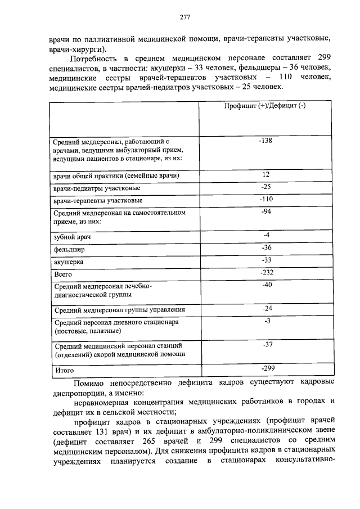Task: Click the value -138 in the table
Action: pyautogui.click(x=266, y=141)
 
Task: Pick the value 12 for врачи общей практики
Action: pyautogui.click(x=266, y=175)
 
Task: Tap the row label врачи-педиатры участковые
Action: pyautogui.click(x=97, y=188)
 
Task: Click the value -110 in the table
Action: pyautogui.click(x=266, y=200)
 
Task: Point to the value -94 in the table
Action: pyautogui.click(x=266, y=212)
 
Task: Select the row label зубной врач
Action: pyautogui.click(x=72, y=237)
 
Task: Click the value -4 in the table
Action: pyautogui.click(x=266, y=235)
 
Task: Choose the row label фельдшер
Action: pyautogui.click(x=69, y=249)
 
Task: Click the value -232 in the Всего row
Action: pyautogui.click(x=266, y=272)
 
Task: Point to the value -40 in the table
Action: pyautogui.click(x=266, y=285)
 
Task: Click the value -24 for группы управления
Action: pyautogui.click(x=266, y=309)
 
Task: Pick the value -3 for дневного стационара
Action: pyautogui.click(x=266, y=321)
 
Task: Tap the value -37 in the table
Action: pyautogui.click(x=266, y=345)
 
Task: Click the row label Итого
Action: pyautogui.click(x=64, y=370)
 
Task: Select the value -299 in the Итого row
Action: pyautogui.click(x=266, y=368)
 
